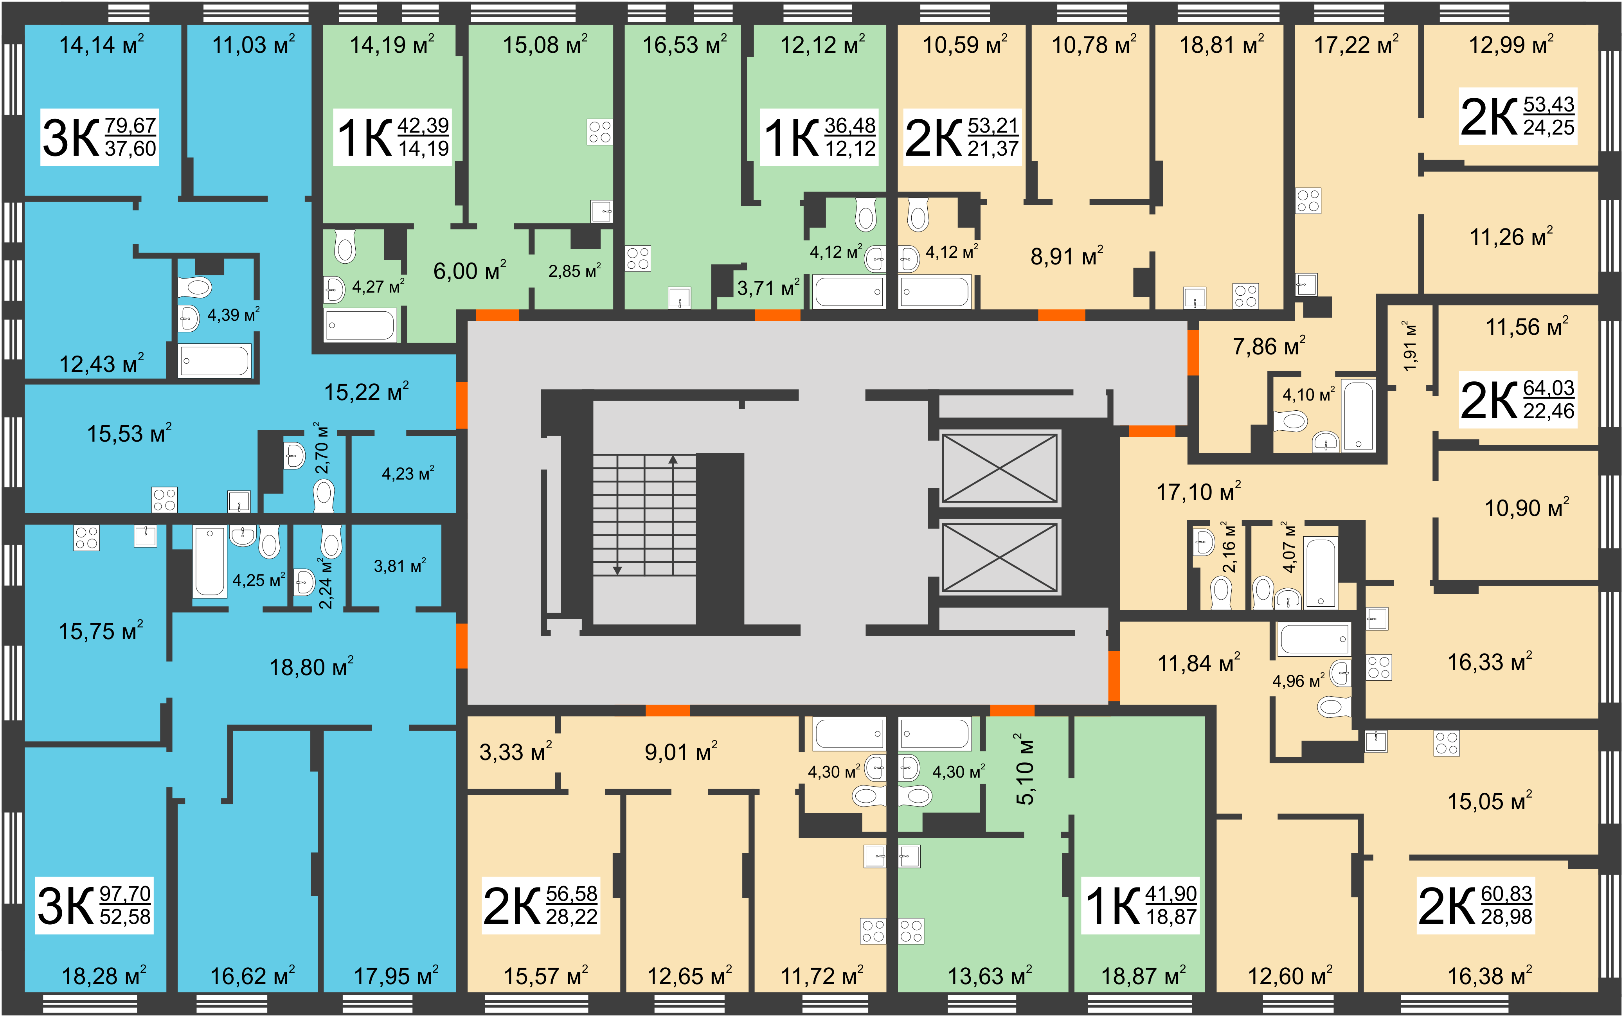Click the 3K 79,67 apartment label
pos(99,137)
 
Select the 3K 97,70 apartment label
pos(94,906)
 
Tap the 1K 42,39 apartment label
pos(392,137)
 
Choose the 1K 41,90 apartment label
pos(1140,906)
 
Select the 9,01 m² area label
pos(681,751)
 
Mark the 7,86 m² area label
pos(1269,346)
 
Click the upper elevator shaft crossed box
pos(999,468)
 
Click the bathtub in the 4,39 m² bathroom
pos(214,361)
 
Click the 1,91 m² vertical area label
pos(1410,346)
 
